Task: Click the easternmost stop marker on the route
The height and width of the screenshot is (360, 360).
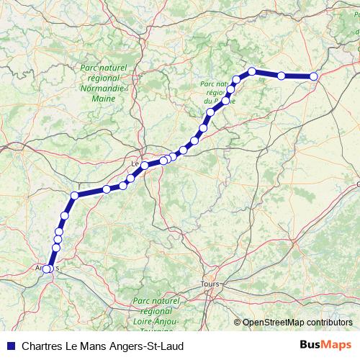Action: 314,76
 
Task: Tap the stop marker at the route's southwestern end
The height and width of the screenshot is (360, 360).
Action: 48,269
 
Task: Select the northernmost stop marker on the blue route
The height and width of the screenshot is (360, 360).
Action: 252,71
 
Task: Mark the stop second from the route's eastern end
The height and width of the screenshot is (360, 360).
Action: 282,76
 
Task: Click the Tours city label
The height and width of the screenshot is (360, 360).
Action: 211,284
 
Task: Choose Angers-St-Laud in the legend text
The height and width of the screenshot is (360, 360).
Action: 149,346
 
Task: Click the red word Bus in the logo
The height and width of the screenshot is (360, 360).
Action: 310,346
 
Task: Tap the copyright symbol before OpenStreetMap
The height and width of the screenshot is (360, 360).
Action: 238,322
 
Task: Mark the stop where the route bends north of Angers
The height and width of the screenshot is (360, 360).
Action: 74,195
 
